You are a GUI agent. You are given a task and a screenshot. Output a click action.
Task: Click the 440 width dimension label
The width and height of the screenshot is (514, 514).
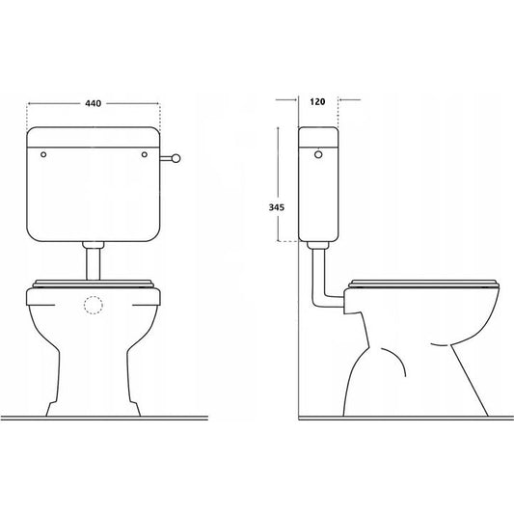[x=94, y=103]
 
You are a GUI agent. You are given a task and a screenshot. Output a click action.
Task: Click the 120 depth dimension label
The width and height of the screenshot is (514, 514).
[x=317, y=101]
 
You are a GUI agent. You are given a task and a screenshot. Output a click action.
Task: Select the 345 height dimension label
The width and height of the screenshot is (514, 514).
[x=277, y=207]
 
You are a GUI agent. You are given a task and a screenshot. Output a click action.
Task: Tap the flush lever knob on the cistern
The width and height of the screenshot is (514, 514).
[x=176, y=159]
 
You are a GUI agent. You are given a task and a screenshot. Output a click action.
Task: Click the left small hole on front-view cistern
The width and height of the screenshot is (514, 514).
[x=43, y=154]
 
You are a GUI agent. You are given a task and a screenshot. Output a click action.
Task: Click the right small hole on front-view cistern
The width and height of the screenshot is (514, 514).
[x=145, y=154]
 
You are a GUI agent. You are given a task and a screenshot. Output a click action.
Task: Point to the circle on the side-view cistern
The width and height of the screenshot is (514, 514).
[x=318, y=154]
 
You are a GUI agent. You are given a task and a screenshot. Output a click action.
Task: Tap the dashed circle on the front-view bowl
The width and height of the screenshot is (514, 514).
[x=94, y=305]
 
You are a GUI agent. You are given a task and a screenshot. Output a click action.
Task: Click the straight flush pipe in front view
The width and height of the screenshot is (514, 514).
[x=94, y=264]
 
